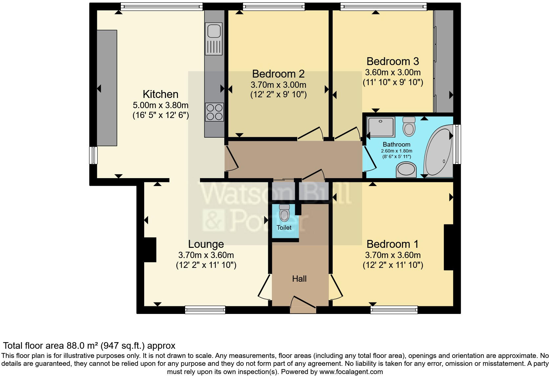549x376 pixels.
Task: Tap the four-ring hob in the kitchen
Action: click(214, 112)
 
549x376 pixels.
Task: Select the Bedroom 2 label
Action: click(278, 74)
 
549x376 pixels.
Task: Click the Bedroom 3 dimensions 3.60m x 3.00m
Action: click(393, 72)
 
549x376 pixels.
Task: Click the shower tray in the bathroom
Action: click(381, 127)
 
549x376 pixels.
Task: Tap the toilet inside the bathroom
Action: click(409, 127)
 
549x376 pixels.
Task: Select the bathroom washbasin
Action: click(406, 171)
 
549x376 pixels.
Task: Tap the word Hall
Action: click(299, 279)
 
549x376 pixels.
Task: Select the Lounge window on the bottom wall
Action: click(205, 310)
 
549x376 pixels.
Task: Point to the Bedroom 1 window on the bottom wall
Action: click(394, 310)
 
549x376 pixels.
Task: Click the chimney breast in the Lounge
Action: click(150, 249)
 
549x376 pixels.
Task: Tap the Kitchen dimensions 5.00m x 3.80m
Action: click(161, 106)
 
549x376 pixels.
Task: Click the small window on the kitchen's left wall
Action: click(94, 155)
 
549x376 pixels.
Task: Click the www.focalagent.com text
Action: click(351, 372)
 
